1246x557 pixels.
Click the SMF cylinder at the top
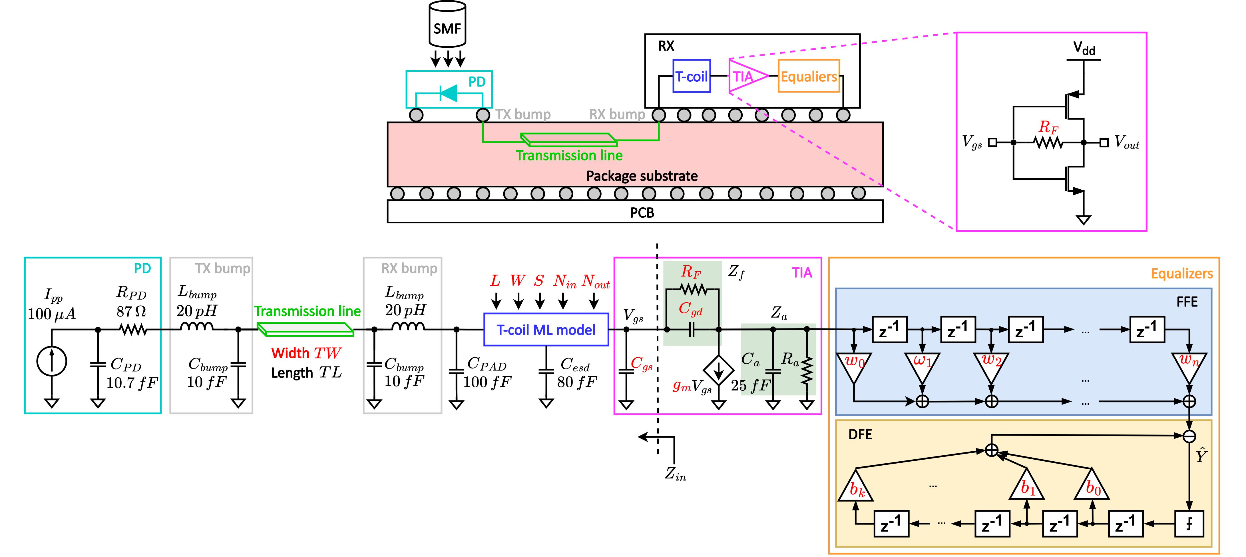click(447, 24)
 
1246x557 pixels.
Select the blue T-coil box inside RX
click(692, 76)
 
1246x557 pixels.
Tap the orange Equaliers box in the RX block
click(809, 76)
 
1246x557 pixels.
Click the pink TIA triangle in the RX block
click(747, 76)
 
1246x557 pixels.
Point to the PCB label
click(642, 213)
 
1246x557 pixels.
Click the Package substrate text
click(642, 176)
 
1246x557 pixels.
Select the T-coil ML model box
click(546, 330)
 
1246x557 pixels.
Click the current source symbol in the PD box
click(52, 361)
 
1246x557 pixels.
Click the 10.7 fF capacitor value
click(132, 383)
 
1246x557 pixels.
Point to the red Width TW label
click(306, 353)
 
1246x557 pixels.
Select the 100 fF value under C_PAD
click(487, 382)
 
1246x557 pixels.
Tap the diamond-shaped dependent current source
click(718, 370)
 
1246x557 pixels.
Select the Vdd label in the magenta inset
click(1084, 48)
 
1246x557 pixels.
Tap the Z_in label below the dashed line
click(675, 474)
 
